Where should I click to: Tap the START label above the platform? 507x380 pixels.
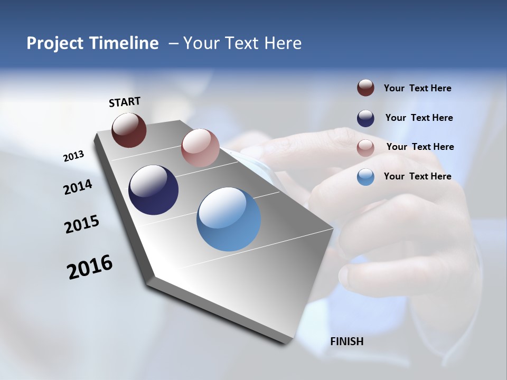[x=125, y=102]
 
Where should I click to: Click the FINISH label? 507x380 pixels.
[x=347, y=341]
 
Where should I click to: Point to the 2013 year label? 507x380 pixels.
[x=74, y=156]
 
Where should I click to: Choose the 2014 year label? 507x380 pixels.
[x=78, y=187]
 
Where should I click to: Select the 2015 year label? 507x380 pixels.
[x=82, y=224]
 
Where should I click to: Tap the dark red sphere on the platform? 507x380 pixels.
[x=129, y=130]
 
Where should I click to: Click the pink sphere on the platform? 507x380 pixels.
[x=200, y=148]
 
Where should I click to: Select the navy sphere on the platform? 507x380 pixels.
[x=153, y=190]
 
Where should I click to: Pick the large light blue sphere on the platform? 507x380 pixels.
[x=229, y=219]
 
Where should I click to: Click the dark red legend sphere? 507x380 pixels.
[x=365, y=88]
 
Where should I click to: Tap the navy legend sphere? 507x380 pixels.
[x=365, y=118]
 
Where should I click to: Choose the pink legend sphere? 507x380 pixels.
[x=365, y=148]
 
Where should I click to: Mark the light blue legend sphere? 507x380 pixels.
[x=365, y=177]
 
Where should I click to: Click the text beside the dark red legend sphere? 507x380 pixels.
[x=417, y=89]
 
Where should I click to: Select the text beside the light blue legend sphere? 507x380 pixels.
[x=417, y=176]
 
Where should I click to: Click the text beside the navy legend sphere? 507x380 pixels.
[x=419, y=118]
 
